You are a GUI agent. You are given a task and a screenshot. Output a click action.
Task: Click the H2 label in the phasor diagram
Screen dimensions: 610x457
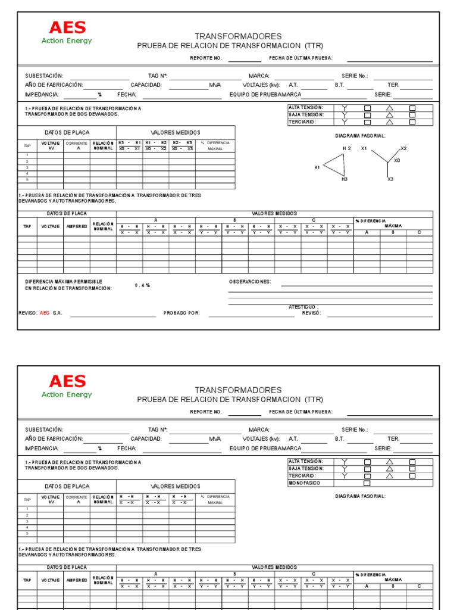click(347, 148)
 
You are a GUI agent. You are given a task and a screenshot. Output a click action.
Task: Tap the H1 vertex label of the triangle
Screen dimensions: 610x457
click(317, 167)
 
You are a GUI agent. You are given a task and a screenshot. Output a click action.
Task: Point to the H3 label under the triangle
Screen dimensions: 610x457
click(345, 179)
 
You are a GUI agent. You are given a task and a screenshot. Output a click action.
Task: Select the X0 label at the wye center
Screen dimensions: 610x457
click(397, 160)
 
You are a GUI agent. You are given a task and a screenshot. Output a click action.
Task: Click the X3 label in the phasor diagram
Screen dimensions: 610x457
click(390, 179)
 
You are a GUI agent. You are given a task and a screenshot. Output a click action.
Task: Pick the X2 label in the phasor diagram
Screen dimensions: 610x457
click(403, 148)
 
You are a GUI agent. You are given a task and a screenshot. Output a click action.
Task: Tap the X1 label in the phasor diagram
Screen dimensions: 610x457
click(364, 148)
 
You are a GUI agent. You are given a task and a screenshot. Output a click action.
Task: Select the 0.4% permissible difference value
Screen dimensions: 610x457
click(142, 285)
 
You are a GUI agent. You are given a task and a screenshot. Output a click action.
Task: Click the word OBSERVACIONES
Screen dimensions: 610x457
click(250, 281)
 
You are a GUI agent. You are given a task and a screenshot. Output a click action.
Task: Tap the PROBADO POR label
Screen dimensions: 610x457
click(181, 313)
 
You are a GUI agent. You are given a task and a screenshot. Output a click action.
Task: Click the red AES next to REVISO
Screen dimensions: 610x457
click(45, 313)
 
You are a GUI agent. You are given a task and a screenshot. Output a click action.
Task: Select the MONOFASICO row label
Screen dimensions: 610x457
click(304, 483)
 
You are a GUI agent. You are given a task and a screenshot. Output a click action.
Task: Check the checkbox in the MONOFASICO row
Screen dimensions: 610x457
click(367, 483)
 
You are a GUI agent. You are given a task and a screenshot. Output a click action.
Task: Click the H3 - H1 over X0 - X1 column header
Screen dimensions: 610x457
click(129, 145)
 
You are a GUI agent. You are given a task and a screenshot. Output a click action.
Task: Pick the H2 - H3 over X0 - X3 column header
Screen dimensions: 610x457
click(182, 145)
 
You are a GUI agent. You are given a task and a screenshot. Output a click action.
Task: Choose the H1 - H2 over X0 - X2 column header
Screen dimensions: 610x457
click(156, 145)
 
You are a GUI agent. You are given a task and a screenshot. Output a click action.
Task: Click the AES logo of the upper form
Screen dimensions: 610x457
click(67, 27)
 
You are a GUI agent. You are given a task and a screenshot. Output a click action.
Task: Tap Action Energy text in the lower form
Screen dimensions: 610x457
click(67, 394)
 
